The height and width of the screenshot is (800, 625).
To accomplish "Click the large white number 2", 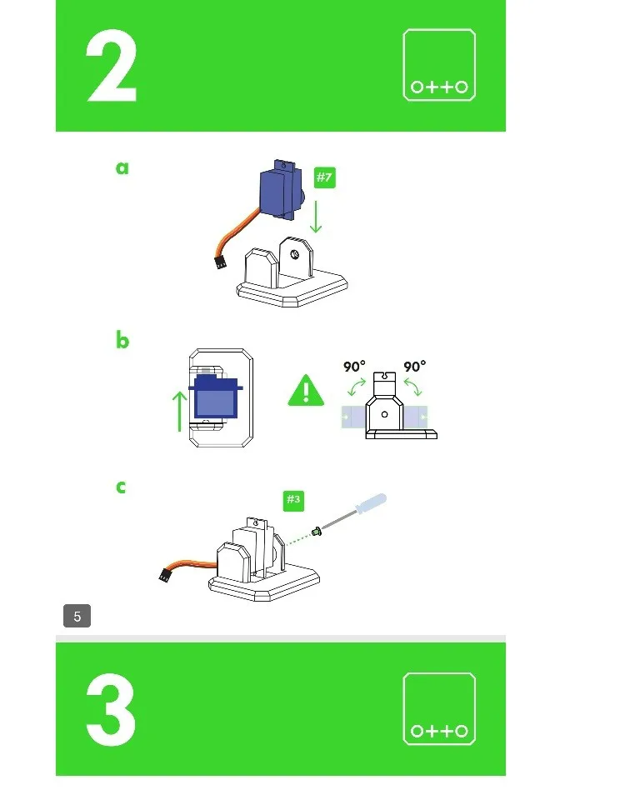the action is (111, 67).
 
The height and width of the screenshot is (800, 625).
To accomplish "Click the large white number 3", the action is (111, 710).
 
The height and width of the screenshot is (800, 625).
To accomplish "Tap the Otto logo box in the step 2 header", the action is (439, 65).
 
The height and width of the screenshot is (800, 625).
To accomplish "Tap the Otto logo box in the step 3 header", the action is (439, 708).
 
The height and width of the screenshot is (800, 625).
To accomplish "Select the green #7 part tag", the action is (324, 177).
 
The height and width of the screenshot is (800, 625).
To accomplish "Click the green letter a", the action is (122, 167).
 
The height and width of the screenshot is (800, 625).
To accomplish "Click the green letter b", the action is (122, 340).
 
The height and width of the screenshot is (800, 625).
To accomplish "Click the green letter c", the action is (121, 487).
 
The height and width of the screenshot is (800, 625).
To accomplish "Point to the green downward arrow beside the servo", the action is (317, 217).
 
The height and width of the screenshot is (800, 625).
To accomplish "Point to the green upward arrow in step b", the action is (179, 412).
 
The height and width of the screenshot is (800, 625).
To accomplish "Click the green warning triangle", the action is (306, 391).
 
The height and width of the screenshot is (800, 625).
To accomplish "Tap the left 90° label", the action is (354, 367).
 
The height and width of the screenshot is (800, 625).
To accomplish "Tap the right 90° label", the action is (414, 367).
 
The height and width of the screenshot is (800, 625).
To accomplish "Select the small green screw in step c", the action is (317, 532).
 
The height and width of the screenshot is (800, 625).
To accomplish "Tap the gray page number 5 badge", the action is (77, 616).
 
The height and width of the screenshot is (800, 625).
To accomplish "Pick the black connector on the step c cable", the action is (164, 575).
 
